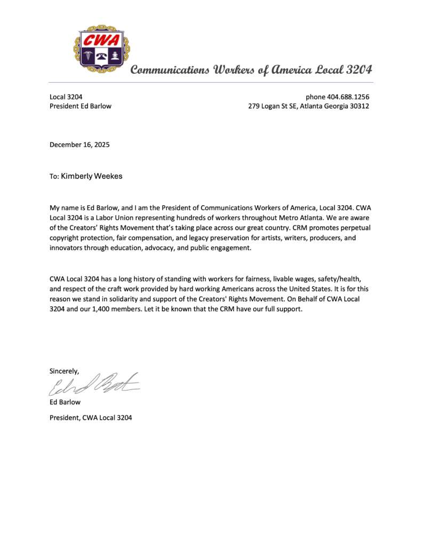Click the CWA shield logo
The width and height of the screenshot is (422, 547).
(101, 49)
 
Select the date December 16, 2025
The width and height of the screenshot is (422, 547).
(79, 144)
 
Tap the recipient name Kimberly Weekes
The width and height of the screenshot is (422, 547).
(91, 176)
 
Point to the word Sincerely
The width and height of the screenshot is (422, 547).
(65, 371)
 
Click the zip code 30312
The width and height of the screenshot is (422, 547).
(358, 106)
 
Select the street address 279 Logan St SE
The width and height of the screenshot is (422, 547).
(273, 106)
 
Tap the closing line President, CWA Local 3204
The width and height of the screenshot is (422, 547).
(91, 417)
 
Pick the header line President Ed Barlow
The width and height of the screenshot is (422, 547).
(81, 106)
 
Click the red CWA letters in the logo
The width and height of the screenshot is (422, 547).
(101, 41)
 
